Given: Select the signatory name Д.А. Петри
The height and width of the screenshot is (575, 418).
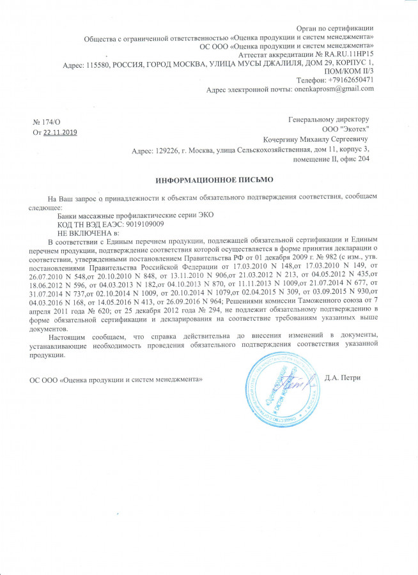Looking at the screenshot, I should coord(343,378).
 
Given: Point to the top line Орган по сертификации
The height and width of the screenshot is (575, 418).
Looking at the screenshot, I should coord(336,27).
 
